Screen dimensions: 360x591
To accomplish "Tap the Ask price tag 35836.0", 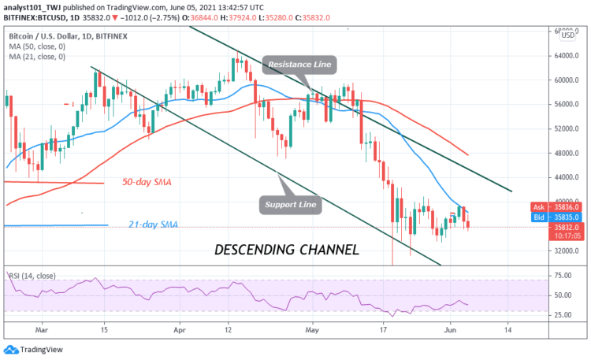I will [556, 207].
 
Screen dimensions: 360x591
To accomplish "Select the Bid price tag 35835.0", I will [556, 216].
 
